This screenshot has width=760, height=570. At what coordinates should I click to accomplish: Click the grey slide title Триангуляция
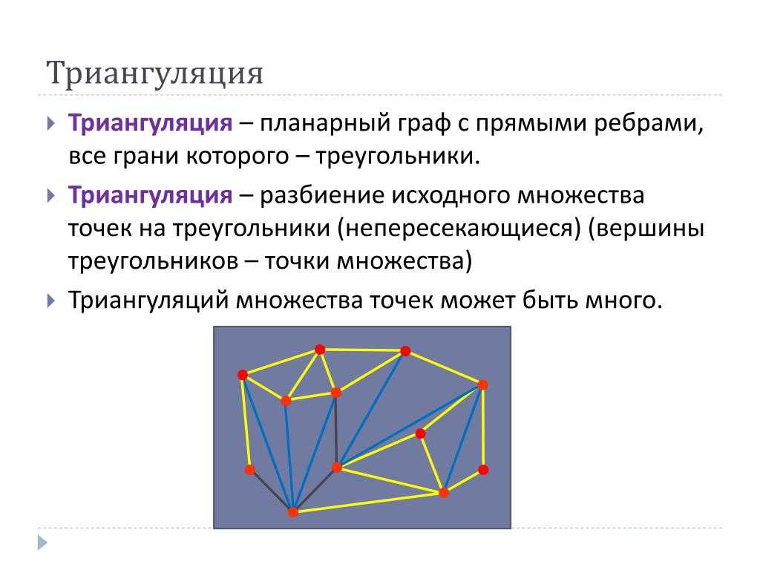coord(154,73)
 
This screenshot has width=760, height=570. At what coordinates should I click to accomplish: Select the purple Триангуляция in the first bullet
coord(150,123)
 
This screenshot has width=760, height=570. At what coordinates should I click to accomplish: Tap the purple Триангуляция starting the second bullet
coord(150,195)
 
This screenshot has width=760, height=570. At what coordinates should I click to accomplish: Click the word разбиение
coord(322,195)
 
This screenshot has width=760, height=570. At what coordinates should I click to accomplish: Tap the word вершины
coord(646,229)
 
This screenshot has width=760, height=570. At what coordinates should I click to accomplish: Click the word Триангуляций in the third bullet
coord(148,301)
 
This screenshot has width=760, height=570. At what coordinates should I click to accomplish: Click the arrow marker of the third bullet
coord(51,301)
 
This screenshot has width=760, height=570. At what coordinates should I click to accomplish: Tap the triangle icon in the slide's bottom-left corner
coord(42,543)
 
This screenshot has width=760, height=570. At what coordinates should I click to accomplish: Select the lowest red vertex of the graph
coord(292,512)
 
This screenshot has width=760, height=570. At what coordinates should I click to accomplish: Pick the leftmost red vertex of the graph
coord(243,375)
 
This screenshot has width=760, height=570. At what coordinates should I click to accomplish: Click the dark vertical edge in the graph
coord(336,430)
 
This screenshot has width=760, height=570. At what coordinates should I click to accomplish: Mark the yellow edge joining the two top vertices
coord(362,350)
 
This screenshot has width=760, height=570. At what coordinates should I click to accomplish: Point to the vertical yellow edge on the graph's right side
coord(483,427)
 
